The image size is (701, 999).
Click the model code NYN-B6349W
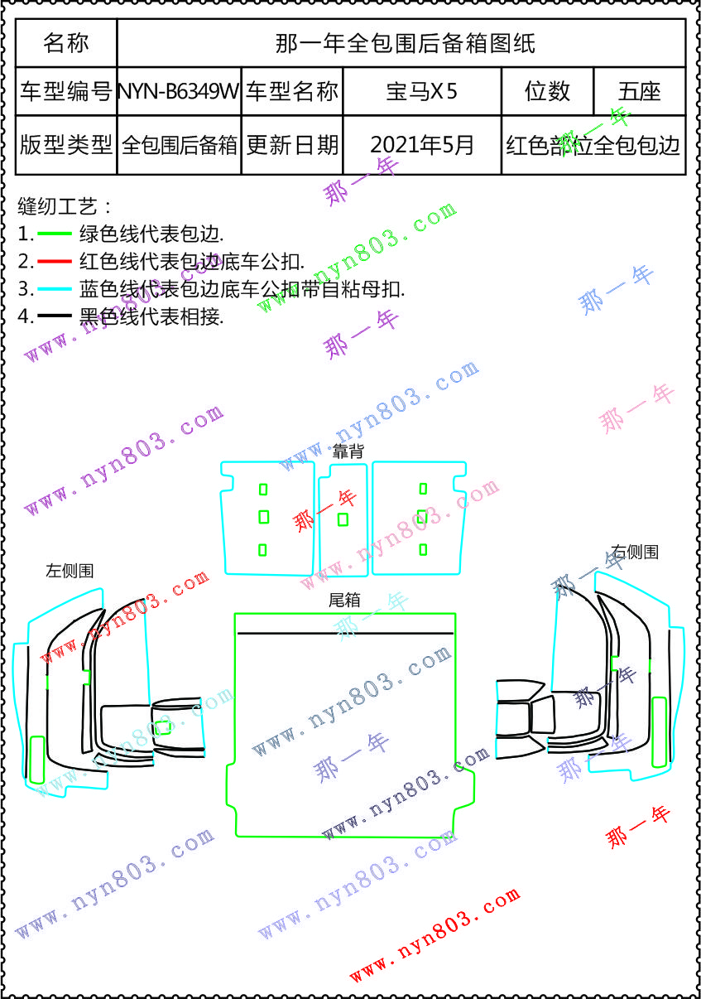tap(179, 91)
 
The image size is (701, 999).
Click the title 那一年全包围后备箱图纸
tap(405, 43)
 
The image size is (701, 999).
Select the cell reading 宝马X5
tap(421, 91)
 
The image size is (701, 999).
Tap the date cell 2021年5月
tap(421, 145)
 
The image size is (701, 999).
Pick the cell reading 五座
tap(639, 91)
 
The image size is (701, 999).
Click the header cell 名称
tap(66, 43)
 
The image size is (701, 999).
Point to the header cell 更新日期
tap(292, 145)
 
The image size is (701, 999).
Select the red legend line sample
tap(55, 262)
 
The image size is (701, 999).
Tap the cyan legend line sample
tap(55, 289)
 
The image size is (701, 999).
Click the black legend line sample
tap(55, 316)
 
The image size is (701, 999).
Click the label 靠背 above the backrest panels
tap(348, 452)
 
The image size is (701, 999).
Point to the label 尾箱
tap(344, 600)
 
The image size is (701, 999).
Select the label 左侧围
tap(70, 570)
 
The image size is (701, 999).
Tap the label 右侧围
tap(635, 552)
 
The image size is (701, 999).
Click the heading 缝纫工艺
tap(63, 206)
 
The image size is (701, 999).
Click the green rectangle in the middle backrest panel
tap(343, 519)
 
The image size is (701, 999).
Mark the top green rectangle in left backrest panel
tap(263, 489)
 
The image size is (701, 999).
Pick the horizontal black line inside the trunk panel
tap(345, 634)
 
